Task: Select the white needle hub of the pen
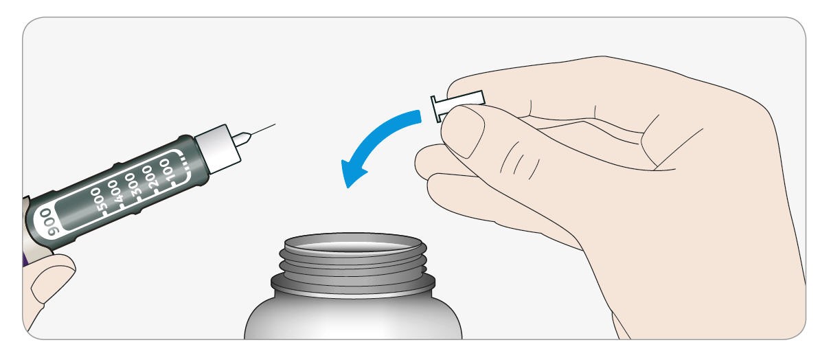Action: (218, 148)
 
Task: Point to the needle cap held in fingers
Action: (457, 104)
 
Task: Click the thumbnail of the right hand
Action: (463, 129)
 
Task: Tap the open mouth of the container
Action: (352, 243)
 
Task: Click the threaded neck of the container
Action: (353, 266)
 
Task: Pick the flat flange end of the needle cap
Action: (436, 109)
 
